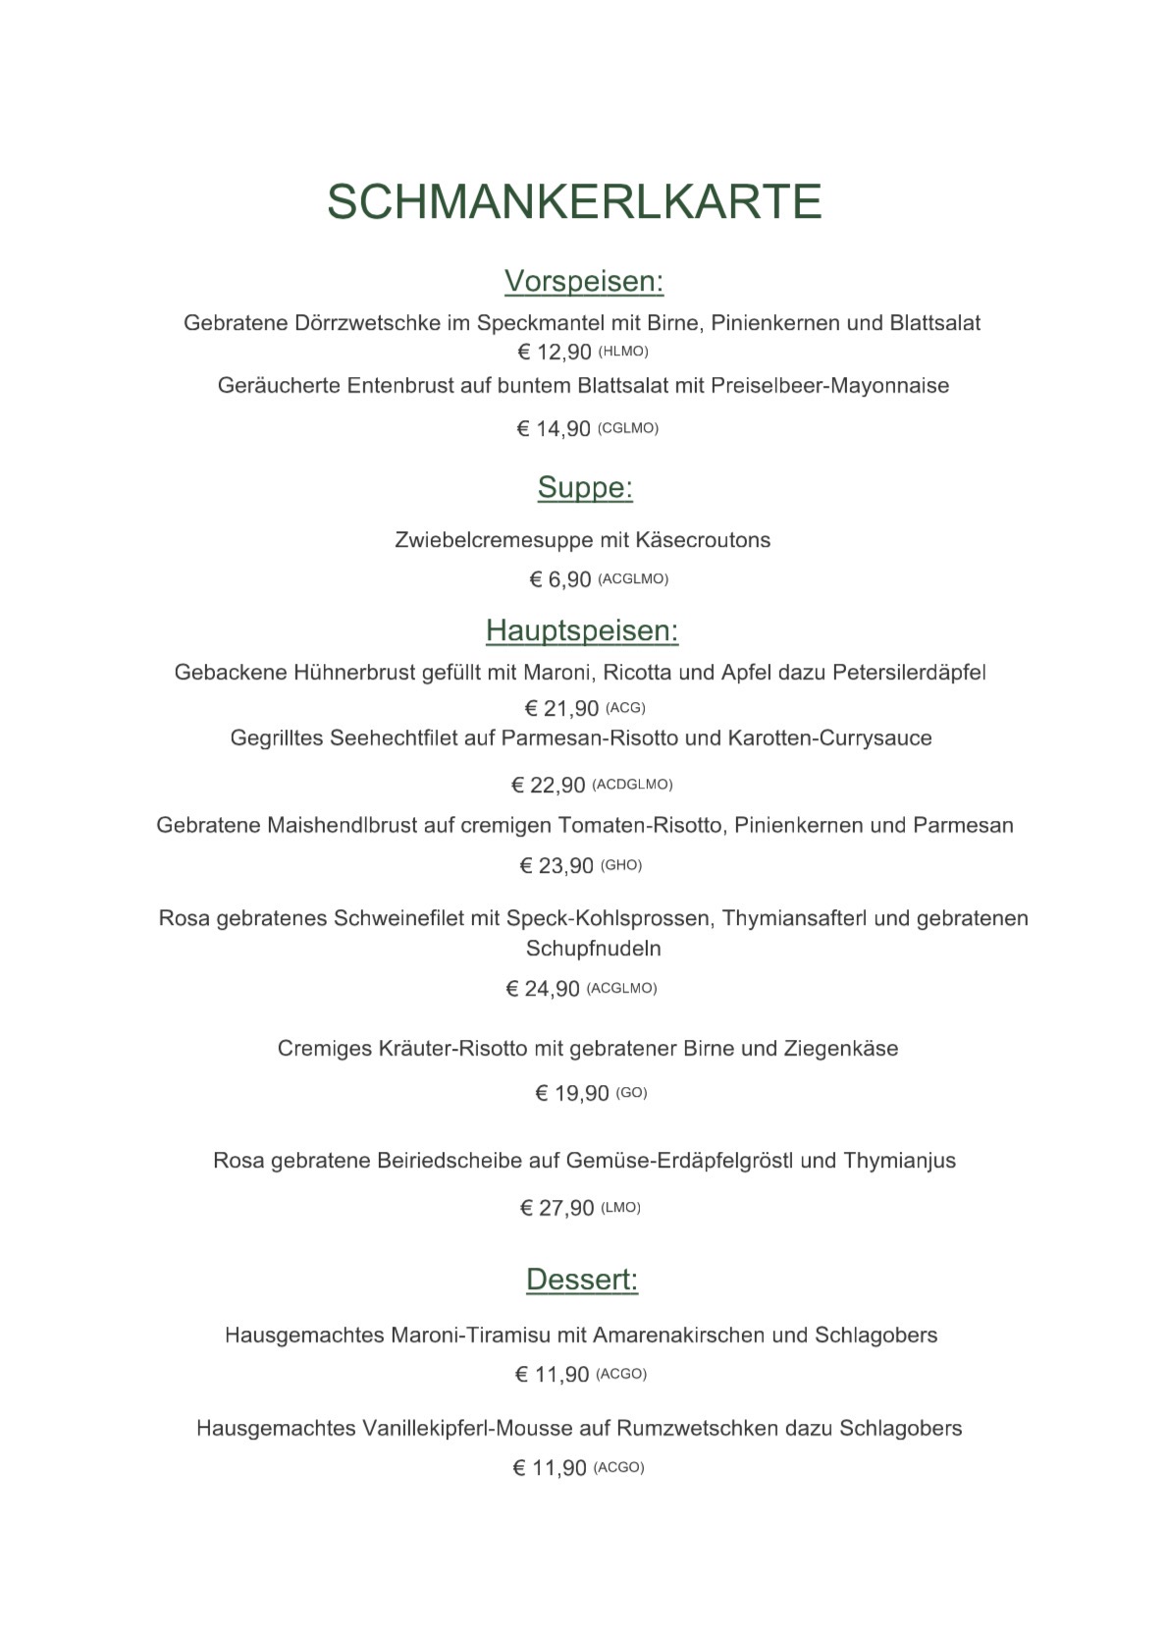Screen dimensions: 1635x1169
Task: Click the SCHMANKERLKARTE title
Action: [574, 201]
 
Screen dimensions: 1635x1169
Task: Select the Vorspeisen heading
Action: [584, 281]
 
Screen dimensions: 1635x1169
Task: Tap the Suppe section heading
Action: [585, 487]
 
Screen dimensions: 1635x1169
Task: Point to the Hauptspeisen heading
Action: [582, 630]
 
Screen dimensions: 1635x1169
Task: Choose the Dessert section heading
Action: [582, 1280]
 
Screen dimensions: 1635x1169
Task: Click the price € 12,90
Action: [555, 353]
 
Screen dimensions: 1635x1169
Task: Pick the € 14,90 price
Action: [554, 429]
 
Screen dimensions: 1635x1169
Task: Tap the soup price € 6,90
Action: [560, 580]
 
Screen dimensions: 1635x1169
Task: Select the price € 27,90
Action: [557, 1208]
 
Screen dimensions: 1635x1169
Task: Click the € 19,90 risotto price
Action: [571, 1094]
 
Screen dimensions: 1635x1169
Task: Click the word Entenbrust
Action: [400, 386]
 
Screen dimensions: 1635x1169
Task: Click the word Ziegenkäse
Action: [841, 1049]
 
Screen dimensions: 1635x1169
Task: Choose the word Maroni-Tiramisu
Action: [471, 1335]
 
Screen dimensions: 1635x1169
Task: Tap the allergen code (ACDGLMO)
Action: [633, 785]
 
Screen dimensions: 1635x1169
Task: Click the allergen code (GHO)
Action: [621, 865]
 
